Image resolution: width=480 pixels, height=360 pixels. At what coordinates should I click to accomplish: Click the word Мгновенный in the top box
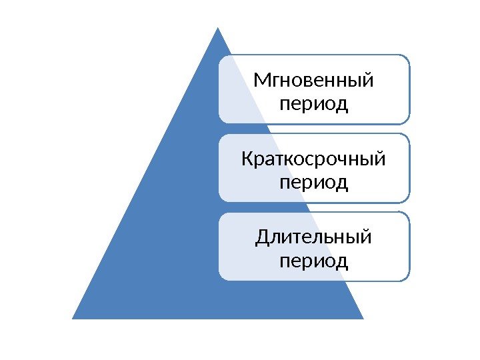(313, 82)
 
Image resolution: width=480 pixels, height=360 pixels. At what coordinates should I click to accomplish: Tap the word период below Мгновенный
(313, 105)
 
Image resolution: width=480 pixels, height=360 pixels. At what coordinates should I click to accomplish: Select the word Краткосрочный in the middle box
(313, 160)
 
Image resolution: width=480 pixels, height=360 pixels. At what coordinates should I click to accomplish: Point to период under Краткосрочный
(313, 182)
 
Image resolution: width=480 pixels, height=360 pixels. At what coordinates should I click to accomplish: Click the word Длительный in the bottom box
(313, 237)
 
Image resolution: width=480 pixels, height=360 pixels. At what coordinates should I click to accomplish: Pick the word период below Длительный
(313, 260)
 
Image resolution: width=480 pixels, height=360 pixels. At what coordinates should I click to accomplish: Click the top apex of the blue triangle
(218, 28)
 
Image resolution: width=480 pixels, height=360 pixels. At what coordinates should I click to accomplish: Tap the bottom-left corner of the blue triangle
(73, 319)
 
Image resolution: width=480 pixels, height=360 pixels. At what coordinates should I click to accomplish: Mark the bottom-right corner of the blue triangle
(363, 319)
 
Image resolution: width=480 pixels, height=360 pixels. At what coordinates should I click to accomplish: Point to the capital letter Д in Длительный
(261, 238)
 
